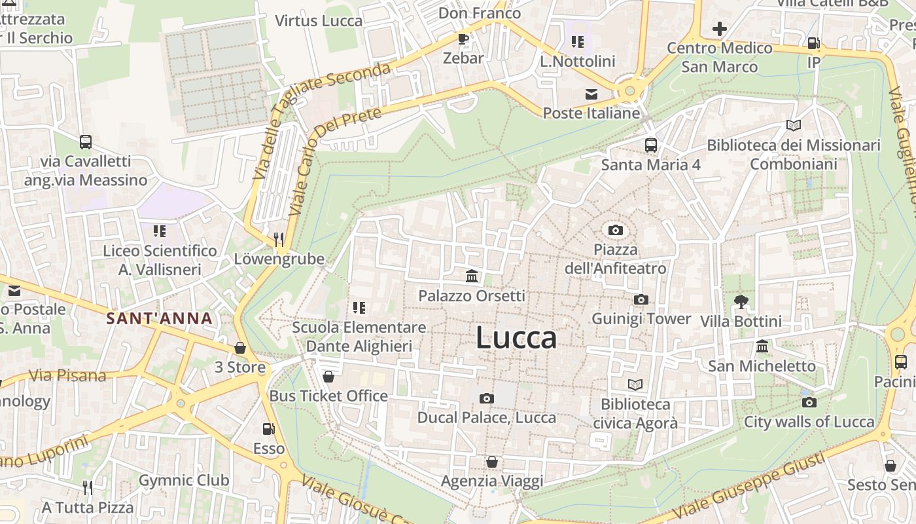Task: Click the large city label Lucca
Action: [x=516, y=338]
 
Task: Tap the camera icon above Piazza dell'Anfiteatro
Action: [x=615, y=230]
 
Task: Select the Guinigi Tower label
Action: [x=641, y=319]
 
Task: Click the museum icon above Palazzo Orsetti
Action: [x=471, y=276]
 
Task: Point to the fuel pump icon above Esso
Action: [x=268, y=429]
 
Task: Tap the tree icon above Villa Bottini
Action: [x=741, y=302]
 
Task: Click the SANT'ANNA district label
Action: [x=160, y=319]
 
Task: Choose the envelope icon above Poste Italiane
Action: [x=591, y=94]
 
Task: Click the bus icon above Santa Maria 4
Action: [x=650, y=145]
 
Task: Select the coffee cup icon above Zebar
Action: [x=463, y=39]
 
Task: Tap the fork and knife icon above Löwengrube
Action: [x=279, y=239]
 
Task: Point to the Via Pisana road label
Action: [x=68, y=375]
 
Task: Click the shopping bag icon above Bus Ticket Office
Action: [x=328, y=377]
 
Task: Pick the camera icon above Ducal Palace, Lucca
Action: [x=486, y=398]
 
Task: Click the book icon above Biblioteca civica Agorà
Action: [x=635, y=384]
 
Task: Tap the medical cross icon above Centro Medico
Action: [x=720, y=29]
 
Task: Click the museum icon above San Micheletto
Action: [x=762, y=346]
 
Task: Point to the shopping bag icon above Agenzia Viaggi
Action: [x=492, y=462]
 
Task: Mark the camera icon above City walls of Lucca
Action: [x=809, y=402]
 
